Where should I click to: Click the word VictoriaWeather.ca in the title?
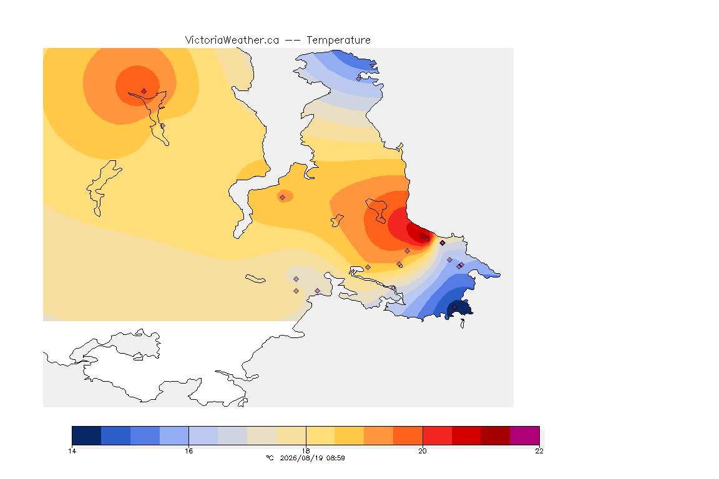point(232,41)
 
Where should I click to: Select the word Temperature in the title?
point(338,41)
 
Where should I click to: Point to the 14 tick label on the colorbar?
point(72,451)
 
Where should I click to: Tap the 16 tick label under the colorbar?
point(189,451)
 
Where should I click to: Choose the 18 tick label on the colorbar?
point(306,451)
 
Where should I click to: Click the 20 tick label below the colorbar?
point(423,451)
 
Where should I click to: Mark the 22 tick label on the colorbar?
point(539,451)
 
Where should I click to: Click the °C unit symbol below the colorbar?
point(270,458)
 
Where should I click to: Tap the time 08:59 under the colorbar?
point(336,458)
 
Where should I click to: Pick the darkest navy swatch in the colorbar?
point(87,435)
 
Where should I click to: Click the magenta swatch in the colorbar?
point(524,435)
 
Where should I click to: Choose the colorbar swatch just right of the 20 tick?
point(437,435)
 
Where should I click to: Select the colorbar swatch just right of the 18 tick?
point(320,435)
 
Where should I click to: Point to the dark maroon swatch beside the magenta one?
point(495,435)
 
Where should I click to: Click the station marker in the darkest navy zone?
point(454,307)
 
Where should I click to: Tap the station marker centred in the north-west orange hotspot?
point(144,91)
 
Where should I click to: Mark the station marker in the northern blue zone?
point(359,79)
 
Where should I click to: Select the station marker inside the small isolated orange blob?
point(283,197)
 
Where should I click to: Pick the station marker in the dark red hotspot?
point(427,239)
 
